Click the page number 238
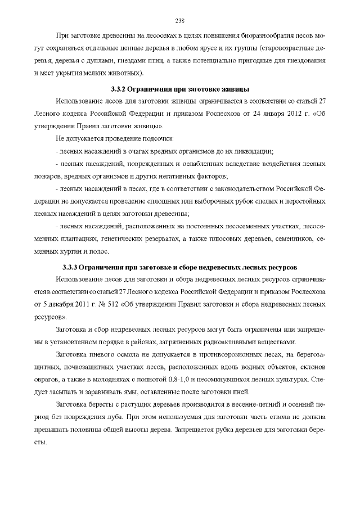point(180,21)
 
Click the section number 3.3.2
point(119,89)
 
